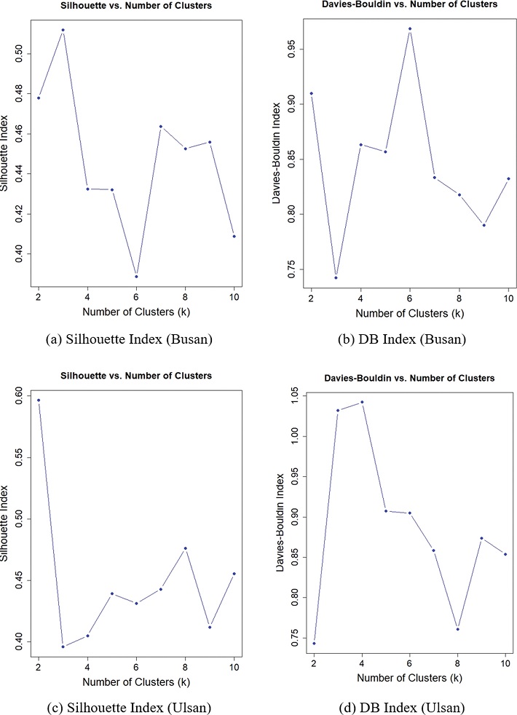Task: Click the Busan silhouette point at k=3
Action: pos(63,30)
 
